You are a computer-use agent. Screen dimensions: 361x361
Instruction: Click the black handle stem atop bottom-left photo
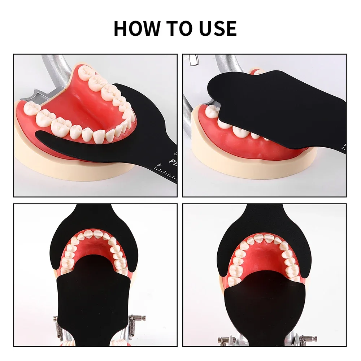95,213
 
